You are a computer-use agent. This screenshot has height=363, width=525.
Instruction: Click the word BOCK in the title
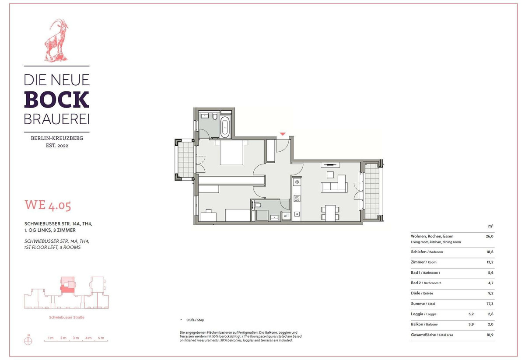pyautogui.click(x=56, y=100)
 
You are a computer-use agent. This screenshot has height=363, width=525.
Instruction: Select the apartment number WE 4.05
pyautogui.click(x=48, y=205)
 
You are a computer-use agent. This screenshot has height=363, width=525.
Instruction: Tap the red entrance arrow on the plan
pyautogui.click(x=283, y=134)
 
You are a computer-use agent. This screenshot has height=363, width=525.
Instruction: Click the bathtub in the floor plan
pyautogui.click(x=225, y=127)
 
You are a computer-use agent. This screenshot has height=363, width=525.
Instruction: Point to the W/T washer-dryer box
pyautogui.click(x=286, y=216)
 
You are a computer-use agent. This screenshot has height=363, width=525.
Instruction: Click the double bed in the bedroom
pyautogui.click(x=231, y=152)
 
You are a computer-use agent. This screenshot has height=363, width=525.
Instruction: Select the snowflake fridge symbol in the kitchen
pyautogui.click(x=297, y=182)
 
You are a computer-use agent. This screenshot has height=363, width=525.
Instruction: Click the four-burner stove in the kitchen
pyautogui.click(x=297, y=198)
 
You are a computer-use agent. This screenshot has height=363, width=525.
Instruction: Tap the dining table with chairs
pyautogui.click(x=330, y=213)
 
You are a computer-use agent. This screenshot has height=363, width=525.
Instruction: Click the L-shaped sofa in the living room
pyautogui.click(x=334, y=184)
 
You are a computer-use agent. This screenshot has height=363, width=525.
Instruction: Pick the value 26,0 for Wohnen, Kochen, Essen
pyautogui.click(x=490, y=236)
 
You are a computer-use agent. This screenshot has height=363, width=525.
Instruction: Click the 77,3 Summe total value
pyautogui.click(x=490, y=304)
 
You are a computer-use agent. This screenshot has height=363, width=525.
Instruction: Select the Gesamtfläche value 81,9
pyautogui.click(x=490, y=335)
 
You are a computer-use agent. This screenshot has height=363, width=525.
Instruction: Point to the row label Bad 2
pyautogui.click(x=416, y=283)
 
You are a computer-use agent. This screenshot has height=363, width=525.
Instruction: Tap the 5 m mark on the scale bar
pyautogui.click(x=101, y=338)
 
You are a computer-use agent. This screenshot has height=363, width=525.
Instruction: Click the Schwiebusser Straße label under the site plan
pyautogui.click(x=66, y=318)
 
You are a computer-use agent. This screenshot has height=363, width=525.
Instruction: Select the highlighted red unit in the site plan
pyautogui.click(x=67, y=289)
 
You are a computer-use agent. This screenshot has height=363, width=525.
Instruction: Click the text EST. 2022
pyautogui.click(x=57, y=146)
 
